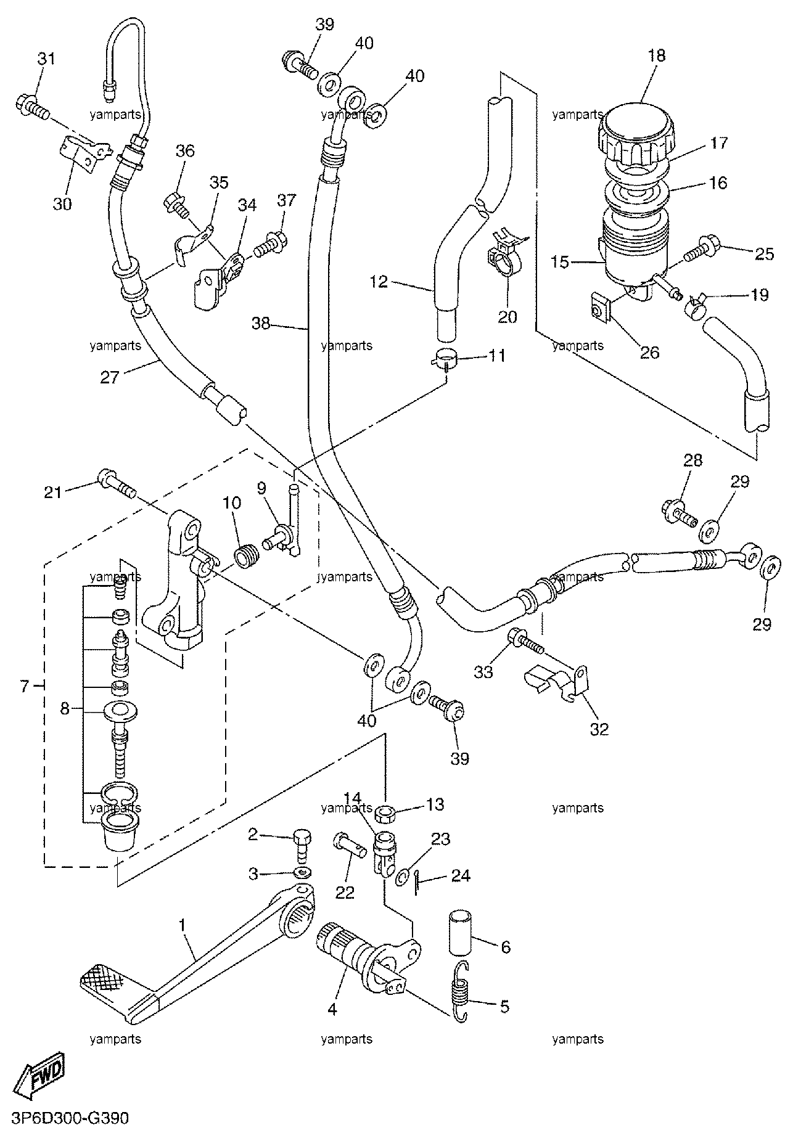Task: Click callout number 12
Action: click(x=380, y=282)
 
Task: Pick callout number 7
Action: click(x=25, y=686)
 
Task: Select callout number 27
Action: click(x=109, y=377)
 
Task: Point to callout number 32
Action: click(x=599, y=729)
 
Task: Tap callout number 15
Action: click(x=561, y=262)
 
